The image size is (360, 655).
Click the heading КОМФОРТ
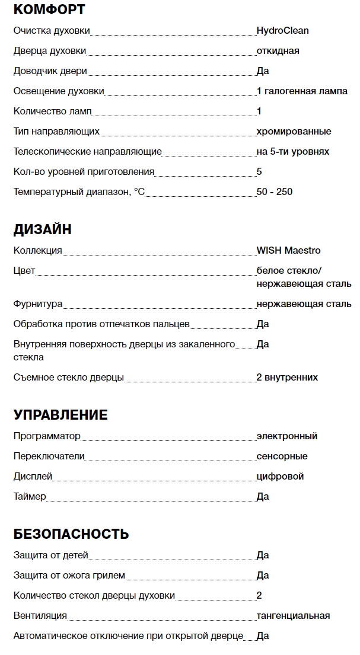[49, 9]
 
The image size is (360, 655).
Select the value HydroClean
[282, 30]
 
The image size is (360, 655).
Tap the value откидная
[278, 50]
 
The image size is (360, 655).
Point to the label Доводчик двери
[50, 71]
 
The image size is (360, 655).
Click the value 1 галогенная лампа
[302, 91]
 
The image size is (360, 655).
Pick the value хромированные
[294, 131]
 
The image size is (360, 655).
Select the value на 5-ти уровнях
[292, 151]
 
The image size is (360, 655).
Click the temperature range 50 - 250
[275, 191]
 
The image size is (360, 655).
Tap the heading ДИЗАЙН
[42, 229]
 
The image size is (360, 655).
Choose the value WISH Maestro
[288, 250]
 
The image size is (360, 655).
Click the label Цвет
[24, 270]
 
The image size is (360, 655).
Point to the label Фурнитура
[38, 303]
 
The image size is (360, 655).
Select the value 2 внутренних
[287, 377]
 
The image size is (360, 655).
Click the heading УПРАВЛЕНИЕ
[60, 415]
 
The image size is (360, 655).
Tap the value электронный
[286, 436]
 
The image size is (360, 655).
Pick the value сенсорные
[282, 456]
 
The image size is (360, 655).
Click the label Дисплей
[33, 476]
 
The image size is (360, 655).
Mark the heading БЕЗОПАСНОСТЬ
[71, 534]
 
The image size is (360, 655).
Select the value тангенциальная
[293, 615]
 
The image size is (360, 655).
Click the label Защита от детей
[50, 555]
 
